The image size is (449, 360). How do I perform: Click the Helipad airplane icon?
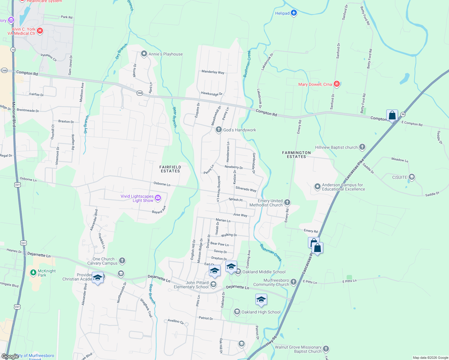point(294,13)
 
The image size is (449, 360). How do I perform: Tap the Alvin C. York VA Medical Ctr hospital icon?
point(40,31)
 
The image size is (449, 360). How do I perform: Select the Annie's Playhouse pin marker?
point(144,54)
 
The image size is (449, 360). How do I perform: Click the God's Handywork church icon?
point(219,130)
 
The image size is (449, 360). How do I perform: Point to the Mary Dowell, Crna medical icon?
point(336,84)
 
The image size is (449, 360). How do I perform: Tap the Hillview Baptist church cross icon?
point(362,147)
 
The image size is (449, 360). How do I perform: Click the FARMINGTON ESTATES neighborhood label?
point(296,154)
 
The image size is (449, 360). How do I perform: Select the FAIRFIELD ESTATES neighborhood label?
point(170,169)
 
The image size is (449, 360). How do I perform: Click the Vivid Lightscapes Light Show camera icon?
point(158,198)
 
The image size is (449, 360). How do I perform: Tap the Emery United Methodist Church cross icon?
point(287,202)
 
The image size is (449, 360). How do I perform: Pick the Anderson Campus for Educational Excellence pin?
point(317,187)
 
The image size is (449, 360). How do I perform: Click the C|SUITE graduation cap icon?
point(412,177)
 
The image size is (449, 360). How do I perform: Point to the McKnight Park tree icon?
point(33,273)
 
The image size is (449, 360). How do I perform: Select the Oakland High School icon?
point(237,312)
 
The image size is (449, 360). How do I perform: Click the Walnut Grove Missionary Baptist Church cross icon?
point(326,349)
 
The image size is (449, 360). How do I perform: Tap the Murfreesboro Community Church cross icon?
point(294,282)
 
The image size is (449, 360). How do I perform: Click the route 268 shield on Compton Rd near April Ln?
point(140,93)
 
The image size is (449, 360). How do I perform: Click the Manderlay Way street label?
point(213,72)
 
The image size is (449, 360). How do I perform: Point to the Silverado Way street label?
point(246,189)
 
